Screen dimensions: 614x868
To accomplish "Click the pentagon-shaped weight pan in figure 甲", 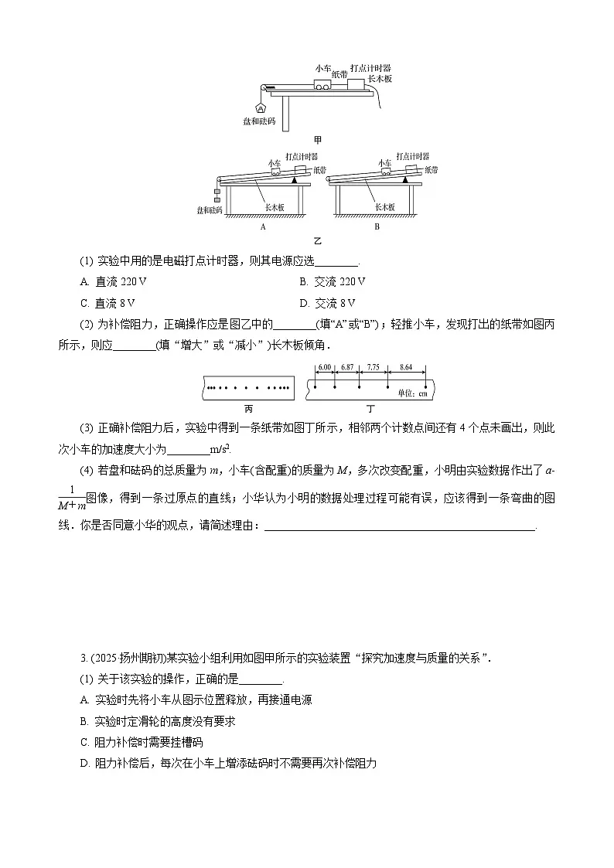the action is [x=260, y=107].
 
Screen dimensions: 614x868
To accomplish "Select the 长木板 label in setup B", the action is [x=384, y=206].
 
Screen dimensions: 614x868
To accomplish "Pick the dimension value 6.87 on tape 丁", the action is [x=347, y=366].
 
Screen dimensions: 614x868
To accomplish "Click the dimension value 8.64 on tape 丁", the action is [x=407, y=366].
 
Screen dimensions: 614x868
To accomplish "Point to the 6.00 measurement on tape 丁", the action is [x=325, y=366].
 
